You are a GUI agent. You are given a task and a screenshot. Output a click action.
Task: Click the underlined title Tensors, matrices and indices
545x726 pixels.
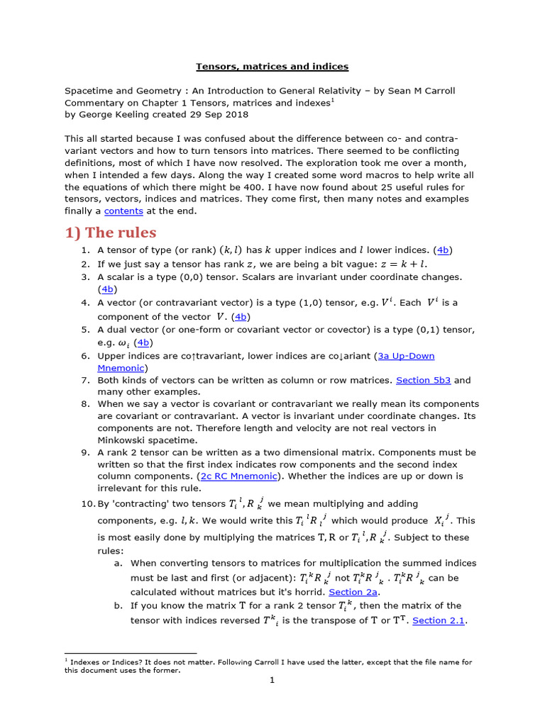coord(272,67)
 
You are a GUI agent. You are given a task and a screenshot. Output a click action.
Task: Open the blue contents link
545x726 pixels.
coord(123,211)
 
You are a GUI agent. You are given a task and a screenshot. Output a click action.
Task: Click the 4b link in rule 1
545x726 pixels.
coord(444,250)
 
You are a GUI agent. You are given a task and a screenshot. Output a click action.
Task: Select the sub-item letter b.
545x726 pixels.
coord(118,605)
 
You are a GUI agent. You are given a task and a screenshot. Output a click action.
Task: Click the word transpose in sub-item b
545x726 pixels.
coord(348,620)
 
